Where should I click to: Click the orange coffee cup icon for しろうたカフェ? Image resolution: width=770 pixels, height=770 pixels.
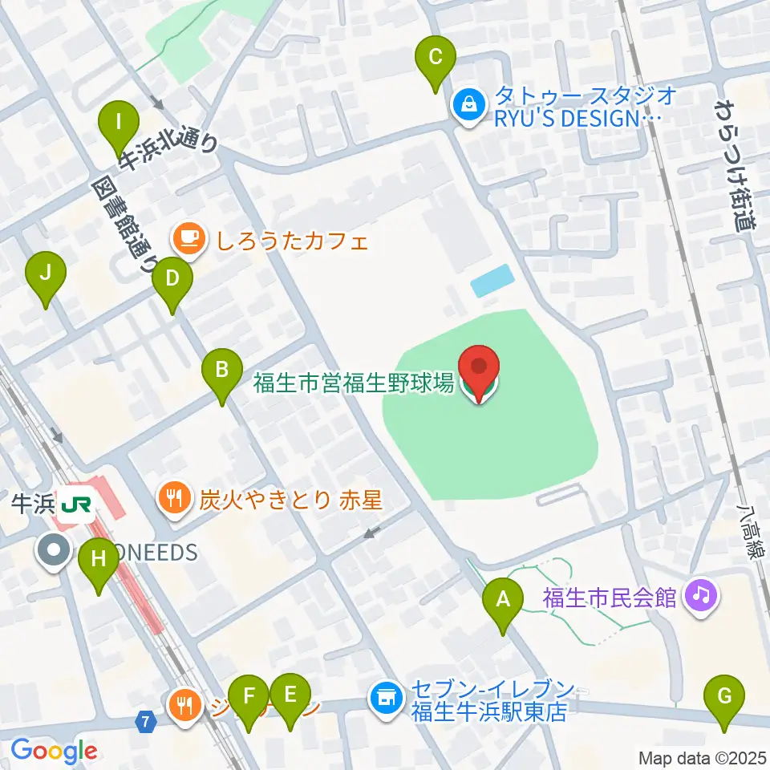click(187, 240)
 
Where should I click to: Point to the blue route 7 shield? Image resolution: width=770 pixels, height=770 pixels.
click(145, 722)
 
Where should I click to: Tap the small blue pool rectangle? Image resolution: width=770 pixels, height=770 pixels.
click(490, 280)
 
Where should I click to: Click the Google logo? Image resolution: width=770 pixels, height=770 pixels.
click(54, 751)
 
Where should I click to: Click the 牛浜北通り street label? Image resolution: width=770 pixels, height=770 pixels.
click(168, 152)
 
